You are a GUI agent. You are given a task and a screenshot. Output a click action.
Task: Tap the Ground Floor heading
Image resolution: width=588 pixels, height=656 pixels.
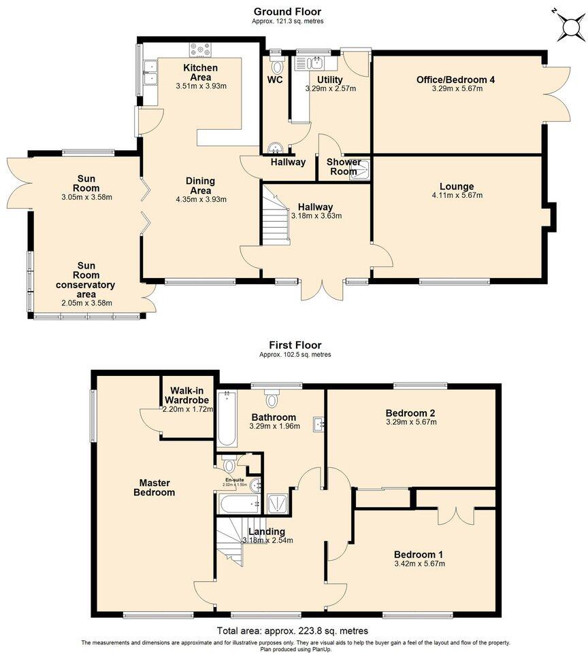point(287,12)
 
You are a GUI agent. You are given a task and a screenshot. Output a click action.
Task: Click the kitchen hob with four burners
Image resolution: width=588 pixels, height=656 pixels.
point(201,49)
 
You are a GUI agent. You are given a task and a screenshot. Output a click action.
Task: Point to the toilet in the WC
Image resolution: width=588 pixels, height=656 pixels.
point(276,66)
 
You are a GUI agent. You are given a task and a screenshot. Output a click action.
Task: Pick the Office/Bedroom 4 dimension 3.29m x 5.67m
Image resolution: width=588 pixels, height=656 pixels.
point(455,89)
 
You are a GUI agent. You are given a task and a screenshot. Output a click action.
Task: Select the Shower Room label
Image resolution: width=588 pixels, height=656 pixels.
point(344,167)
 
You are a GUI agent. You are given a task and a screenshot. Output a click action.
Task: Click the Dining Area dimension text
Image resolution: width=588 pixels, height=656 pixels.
point(201,199)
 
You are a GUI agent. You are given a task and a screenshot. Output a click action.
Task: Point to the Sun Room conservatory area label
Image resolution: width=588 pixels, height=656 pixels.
point(86,280)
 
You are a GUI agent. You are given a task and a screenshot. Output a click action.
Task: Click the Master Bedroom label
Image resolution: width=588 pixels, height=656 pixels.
point(154,487)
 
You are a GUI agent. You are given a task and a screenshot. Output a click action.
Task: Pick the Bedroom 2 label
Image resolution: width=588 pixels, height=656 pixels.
point(410,413)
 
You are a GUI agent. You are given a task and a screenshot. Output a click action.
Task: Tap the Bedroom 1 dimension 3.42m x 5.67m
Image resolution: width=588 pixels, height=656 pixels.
point(420,564)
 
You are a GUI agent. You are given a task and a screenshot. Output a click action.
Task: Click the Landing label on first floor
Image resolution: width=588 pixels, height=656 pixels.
point(267,531)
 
